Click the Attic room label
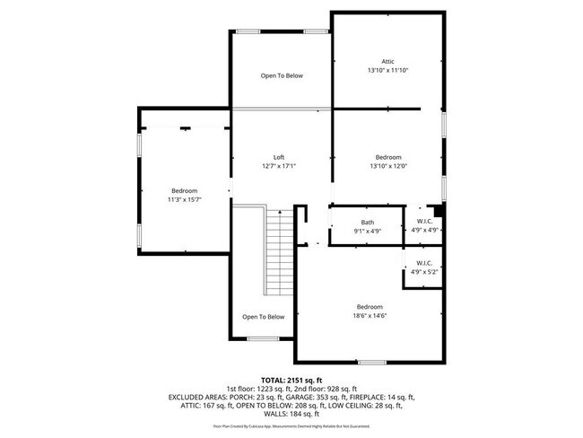(x=387, y=61)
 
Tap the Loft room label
(x=279, y=157)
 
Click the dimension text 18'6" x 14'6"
(x=370, y=315)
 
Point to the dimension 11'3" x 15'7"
(x=184, y=199)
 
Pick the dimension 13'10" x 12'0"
(x=387, y=166)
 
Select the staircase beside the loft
(x=277, y=250)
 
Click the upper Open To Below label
(x=282, y=76)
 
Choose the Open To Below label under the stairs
(x=264, y=317)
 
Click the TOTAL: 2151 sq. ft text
(x=291, y=380)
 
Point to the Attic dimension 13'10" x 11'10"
(x=387, y=70)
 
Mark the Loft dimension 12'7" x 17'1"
(x=279, y=166)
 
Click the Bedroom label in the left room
(x=184, y=190)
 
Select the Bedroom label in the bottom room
(x=370, y=306)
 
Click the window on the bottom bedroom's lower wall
(x=371, y=362)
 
